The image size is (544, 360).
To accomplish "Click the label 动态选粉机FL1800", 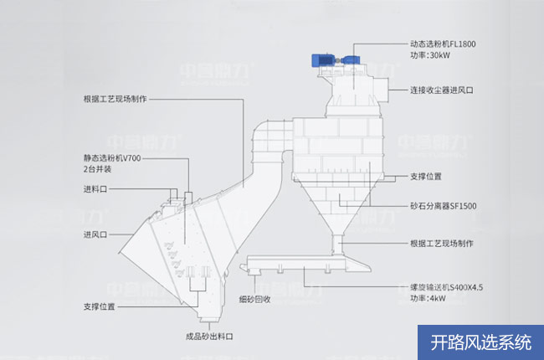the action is tap(443, 44).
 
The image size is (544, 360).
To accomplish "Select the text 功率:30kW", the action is tap(430, 55).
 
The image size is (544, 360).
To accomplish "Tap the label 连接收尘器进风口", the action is tap(442, 90).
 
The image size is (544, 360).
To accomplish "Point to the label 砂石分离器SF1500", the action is tap(444, 206).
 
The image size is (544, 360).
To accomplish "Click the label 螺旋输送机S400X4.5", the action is tap(447, 287).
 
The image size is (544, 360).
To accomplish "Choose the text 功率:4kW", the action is tap(428, 298).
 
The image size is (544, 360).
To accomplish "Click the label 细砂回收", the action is tap(254, 299).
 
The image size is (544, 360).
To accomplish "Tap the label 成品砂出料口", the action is tap(209, 337).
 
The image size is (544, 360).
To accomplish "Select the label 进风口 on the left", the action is tap(95, 234).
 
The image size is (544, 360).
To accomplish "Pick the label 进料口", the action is tap(95, 189).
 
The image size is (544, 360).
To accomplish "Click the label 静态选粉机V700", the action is tap(112, 158).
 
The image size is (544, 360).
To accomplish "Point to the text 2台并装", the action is tap(97, 169).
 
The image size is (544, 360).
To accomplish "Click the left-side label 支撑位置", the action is tap(100, 307).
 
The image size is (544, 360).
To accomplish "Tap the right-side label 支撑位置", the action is tap(426, 177).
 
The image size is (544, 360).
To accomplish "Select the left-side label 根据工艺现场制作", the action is tap(115, 99).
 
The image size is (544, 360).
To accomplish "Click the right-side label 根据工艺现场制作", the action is tap(442, 244).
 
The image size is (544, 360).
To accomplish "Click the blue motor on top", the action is tap(336, 60).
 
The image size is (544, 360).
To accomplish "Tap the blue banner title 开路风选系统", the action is tap(481, 342).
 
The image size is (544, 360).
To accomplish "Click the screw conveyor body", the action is tap(305, 263).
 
